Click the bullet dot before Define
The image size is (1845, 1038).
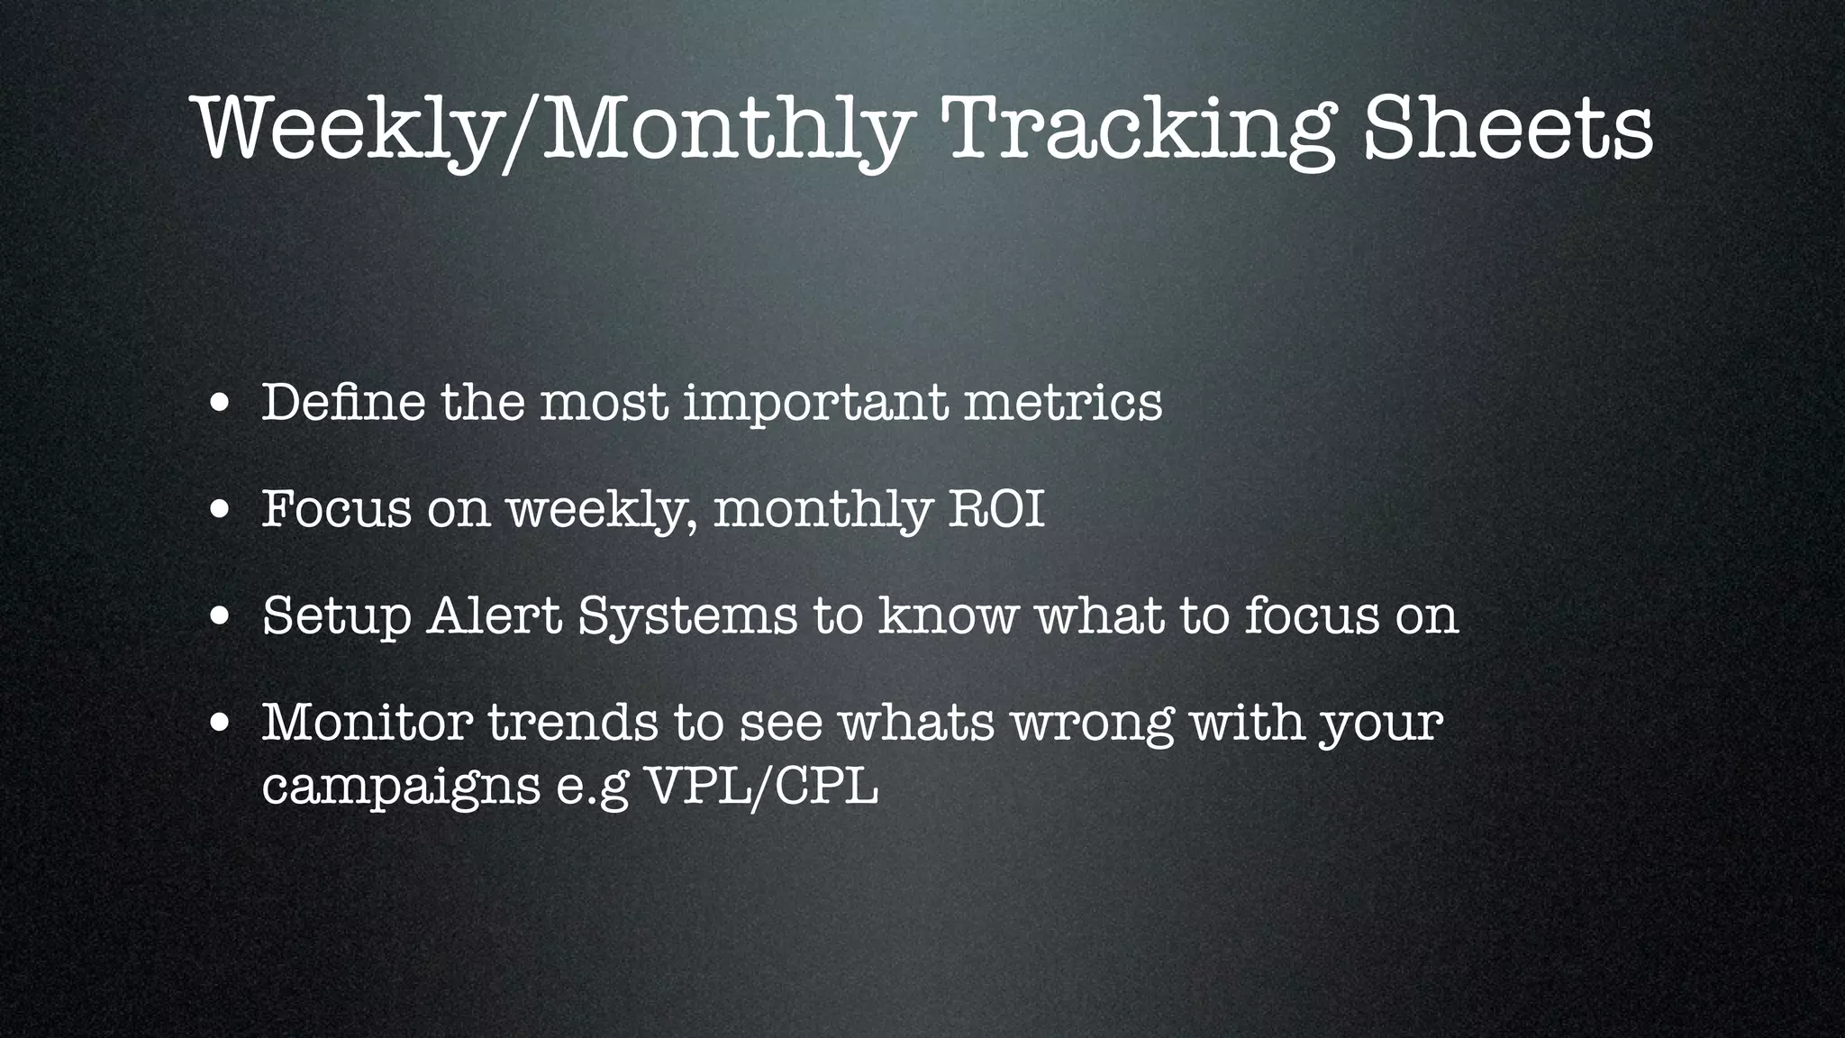[x=219, y=405]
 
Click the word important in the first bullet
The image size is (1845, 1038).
[x=815, y=403]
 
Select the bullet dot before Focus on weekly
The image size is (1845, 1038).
[x=219, y=511]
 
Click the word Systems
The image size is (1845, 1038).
[x=687, y=617]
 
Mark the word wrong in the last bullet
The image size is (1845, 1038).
[x=1093, y=724]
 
